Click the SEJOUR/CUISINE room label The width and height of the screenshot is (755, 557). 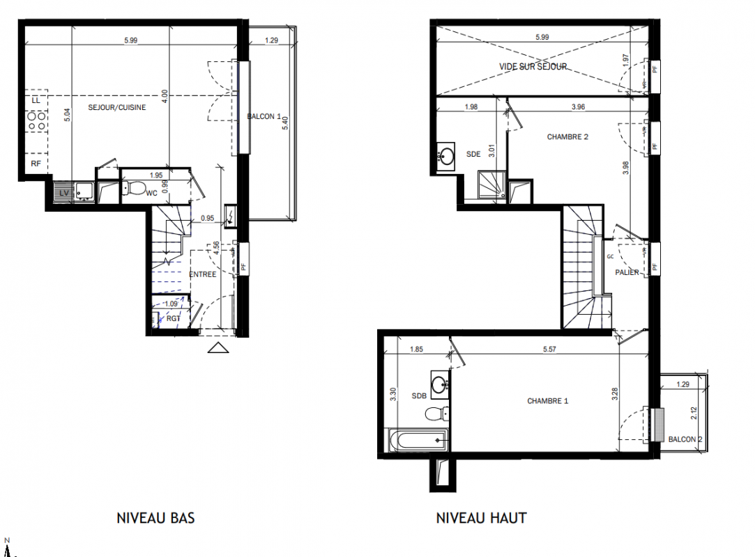117,107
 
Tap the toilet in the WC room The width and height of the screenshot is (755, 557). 135,188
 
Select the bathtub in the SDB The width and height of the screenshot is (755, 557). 418,440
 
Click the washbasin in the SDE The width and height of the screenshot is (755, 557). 446,157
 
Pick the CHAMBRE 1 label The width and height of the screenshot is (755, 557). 547,400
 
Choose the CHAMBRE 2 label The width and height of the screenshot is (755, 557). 567,136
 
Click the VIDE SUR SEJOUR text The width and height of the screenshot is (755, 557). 533,66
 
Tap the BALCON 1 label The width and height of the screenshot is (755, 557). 264,116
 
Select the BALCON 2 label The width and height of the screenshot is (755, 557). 685,439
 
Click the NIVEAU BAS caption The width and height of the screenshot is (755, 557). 155,518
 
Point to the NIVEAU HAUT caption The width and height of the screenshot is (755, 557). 482,518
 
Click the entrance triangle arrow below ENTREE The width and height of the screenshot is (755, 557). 218,347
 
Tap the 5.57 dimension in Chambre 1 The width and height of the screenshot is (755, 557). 549,350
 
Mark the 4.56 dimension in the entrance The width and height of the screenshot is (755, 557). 216,248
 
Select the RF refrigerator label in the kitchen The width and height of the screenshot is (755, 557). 36,164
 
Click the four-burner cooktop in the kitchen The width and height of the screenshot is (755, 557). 36,121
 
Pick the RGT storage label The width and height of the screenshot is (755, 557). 174,318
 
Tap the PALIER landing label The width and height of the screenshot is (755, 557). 627,272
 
